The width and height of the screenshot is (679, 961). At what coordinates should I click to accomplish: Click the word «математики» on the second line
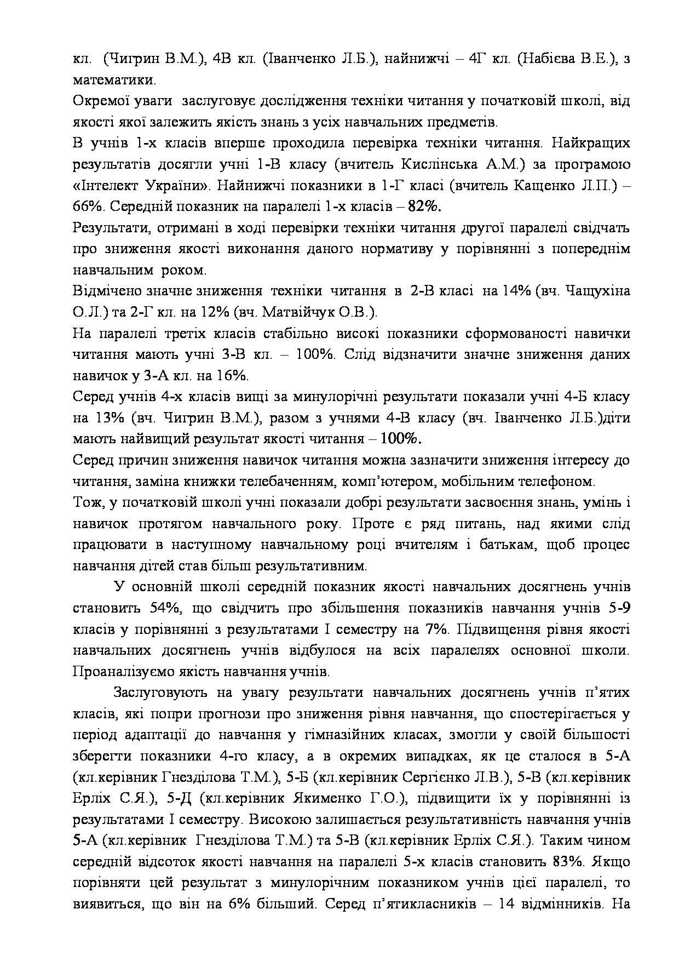[x=113, y=80]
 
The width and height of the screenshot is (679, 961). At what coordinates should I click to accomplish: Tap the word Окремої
[x=102, y=101]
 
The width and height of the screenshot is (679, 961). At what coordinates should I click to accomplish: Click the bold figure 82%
[x=425, y=207]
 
